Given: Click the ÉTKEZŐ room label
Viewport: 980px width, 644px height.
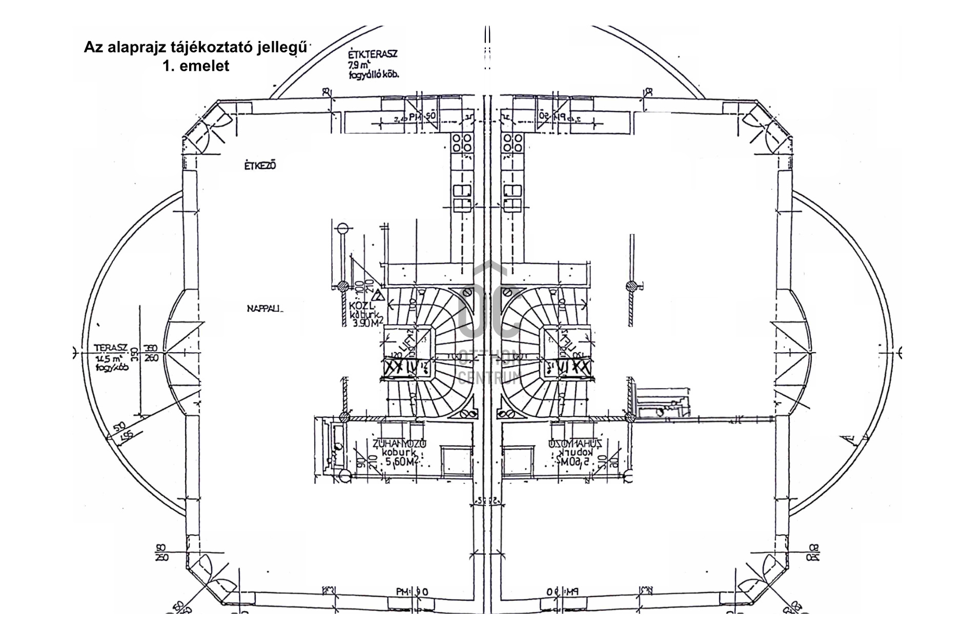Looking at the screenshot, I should [x=260, y=166].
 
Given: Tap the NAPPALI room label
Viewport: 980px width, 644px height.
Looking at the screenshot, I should [x=264, y=309].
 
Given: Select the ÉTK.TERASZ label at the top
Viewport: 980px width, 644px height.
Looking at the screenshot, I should [x=373, y=54].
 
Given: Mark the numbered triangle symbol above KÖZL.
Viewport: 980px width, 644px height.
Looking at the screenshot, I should [x=378, y=296].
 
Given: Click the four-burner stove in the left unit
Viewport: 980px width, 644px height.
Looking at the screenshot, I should [x=462, y=143].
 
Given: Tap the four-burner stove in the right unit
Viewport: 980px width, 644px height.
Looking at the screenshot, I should [x=513, y=143].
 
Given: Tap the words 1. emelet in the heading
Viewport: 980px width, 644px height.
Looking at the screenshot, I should [x=196, y=66].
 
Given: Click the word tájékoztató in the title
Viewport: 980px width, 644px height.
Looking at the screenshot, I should [x=213, y=48].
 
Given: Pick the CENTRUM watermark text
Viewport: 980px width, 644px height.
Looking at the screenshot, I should [x=489, y=378].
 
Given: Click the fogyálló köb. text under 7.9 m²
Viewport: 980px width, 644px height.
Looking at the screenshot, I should [x=373, y=74].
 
